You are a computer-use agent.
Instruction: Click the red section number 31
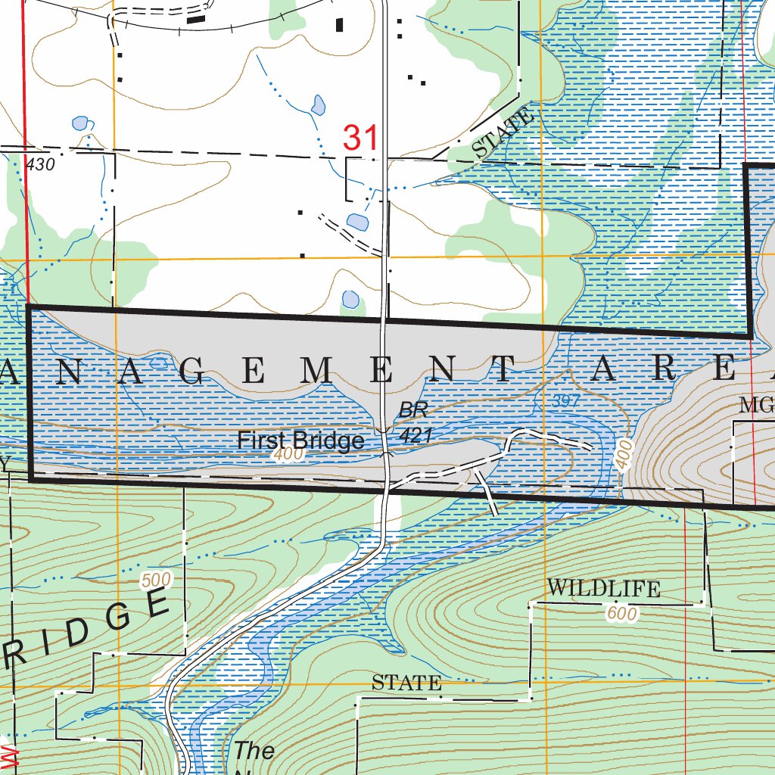tap(359, 138)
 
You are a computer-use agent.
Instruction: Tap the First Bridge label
tap(300, 440)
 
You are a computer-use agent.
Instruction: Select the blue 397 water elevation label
tap(565, 402)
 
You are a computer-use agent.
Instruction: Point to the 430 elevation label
tap(40, 164)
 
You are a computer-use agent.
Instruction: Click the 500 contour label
tap(156, 580)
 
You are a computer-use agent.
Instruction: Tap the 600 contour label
tap(621, 614)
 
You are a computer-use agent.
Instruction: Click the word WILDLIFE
tap(603, 588)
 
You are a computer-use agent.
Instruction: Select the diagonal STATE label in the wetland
tap(503, 134)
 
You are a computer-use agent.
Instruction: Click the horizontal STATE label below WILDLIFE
tap(406, 683)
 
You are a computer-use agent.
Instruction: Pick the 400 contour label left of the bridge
tap(289, 456)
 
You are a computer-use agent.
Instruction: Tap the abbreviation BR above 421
tap(414, 411)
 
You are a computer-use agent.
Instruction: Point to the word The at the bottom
tap(254, 751)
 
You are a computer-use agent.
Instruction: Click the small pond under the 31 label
tap(356, 222)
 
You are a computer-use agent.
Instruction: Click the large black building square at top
tap(340, 24)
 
